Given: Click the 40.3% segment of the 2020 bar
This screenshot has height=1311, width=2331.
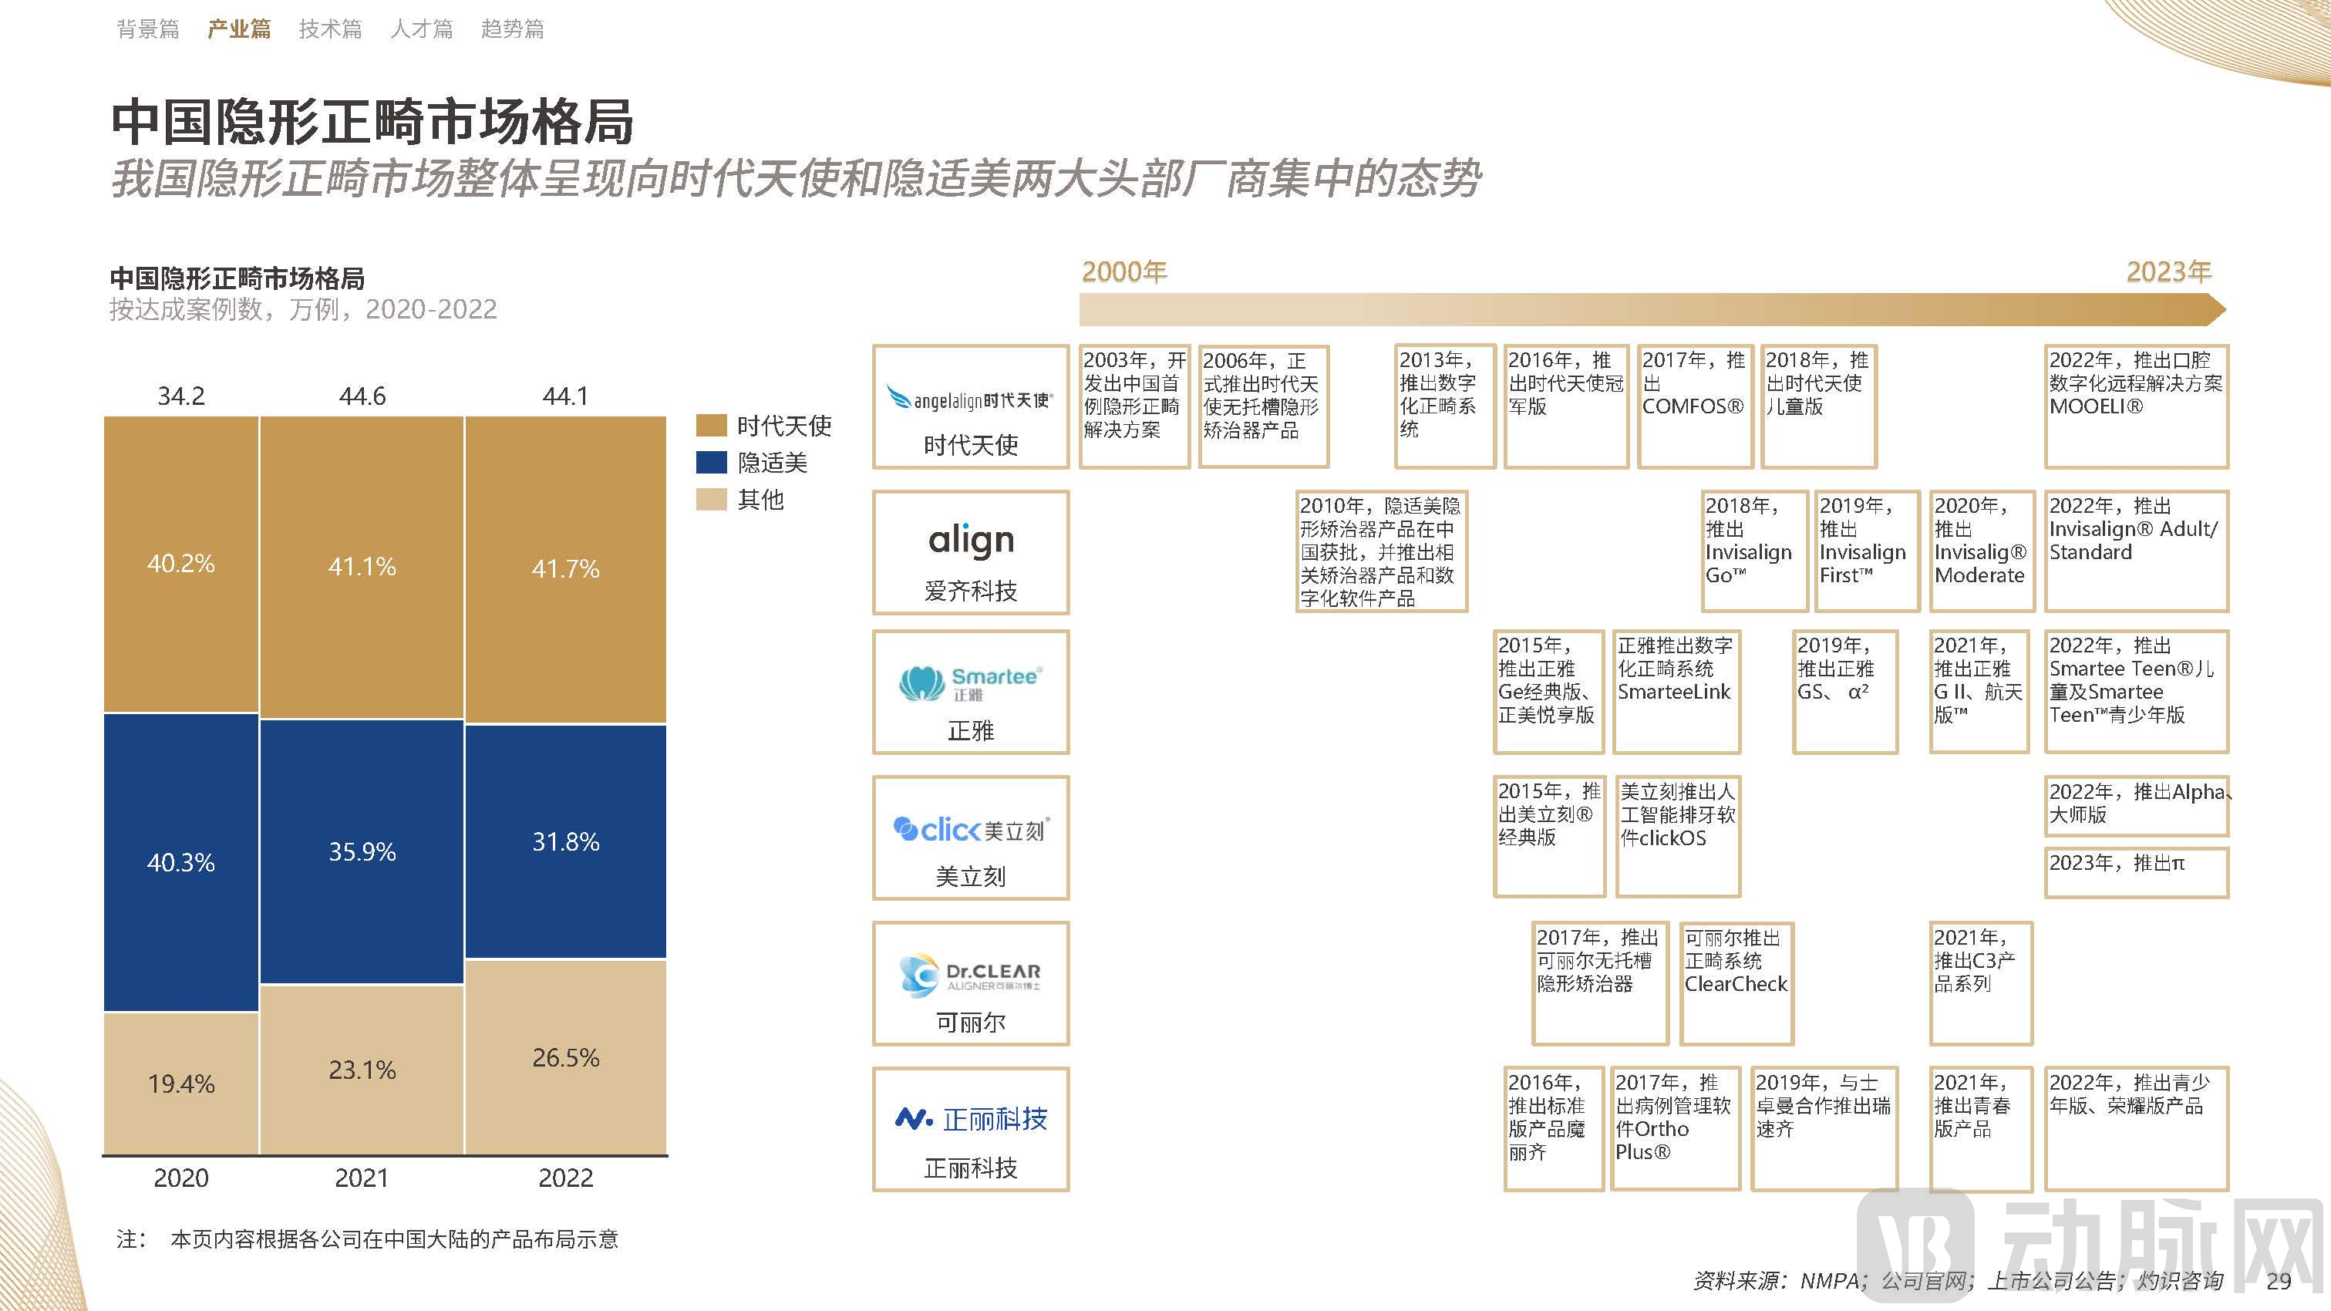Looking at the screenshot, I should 181,861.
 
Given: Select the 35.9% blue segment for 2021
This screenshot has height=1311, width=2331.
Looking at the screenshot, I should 362,851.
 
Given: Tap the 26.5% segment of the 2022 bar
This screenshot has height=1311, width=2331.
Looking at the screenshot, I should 565,1057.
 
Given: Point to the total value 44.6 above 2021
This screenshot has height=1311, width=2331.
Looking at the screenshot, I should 362,396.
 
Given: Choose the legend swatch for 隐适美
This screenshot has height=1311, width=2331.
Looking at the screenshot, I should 711,463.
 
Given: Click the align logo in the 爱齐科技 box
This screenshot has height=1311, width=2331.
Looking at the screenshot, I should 971,540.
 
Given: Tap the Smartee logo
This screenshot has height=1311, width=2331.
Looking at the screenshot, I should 971,683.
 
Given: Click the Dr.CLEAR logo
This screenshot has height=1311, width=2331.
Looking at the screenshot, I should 971,976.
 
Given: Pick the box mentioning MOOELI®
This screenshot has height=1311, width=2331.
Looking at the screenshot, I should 2136,406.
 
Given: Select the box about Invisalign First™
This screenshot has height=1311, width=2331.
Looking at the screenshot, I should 1866,550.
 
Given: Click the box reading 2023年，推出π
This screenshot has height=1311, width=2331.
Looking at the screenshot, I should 2136,871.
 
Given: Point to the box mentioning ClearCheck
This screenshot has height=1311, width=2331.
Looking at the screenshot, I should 1736,982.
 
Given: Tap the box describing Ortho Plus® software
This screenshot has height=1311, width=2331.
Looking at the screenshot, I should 1675,1127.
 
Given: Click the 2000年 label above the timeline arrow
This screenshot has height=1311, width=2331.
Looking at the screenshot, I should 1125,271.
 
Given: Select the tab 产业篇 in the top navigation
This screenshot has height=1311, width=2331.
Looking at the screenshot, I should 239,29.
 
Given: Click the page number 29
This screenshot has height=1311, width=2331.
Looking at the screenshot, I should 2278,1281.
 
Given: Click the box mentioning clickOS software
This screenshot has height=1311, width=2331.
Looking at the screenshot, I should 1678,835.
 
